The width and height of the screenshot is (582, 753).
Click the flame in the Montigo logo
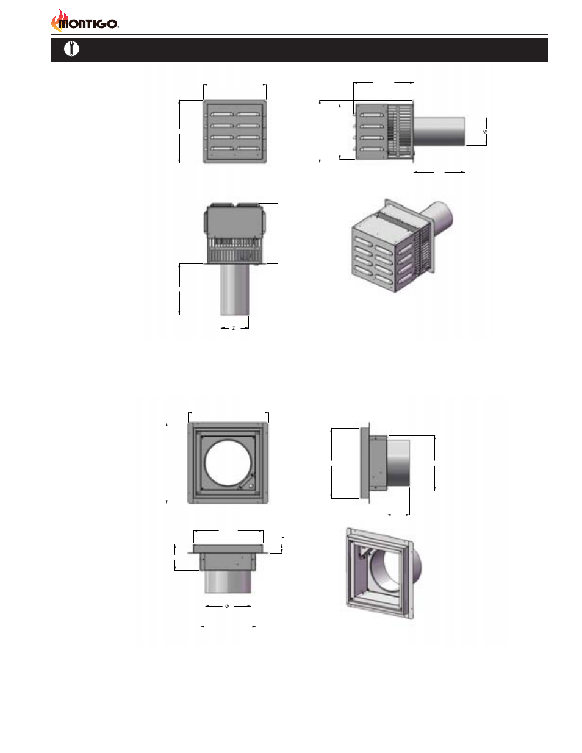point(57,20)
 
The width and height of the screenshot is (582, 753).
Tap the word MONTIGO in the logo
point(88,24)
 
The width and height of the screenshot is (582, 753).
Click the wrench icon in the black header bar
point(71,49)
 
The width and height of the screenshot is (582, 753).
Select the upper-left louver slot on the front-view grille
point(221,115)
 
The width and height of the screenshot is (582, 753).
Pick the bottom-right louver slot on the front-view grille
point(248,149)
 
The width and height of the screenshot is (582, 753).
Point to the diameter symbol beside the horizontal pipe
point(484,132)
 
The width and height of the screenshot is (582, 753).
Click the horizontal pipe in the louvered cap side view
point(439,131)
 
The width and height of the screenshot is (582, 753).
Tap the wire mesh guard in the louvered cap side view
point(400,131)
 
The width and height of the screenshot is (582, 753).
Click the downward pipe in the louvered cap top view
point(235,289)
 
